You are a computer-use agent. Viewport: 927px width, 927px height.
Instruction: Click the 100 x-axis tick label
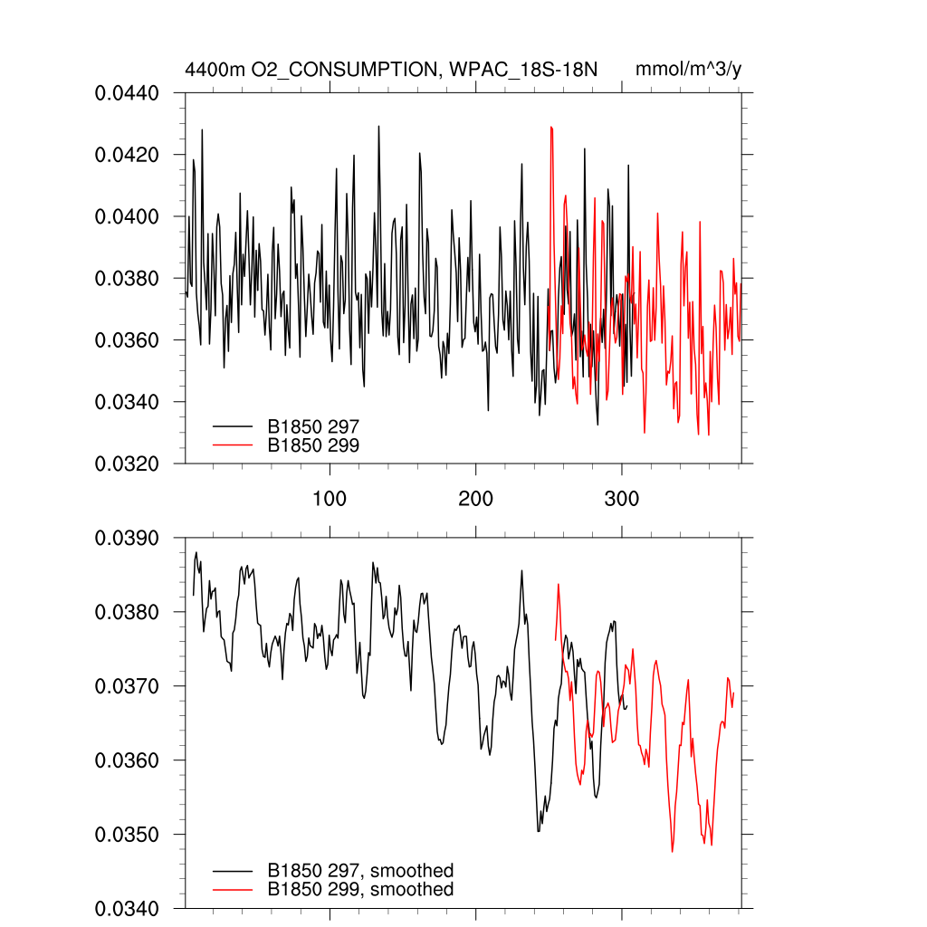click(330, 499)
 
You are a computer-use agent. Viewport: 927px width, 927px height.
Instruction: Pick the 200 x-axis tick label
click(475, 499)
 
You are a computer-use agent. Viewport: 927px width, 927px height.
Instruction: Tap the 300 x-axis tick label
click(622, 499)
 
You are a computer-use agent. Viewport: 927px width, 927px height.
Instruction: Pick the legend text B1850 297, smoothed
click(360, 871)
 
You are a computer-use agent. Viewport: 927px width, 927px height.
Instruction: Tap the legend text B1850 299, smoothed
click(360, 890)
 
